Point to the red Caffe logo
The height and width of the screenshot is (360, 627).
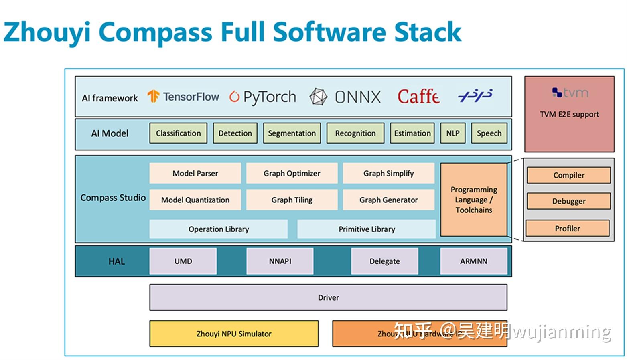(418, 97)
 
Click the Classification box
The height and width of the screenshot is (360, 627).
(178, 133)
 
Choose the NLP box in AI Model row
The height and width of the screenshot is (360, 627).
(452, 133)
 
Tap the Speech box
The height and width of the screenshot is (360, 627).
(489, 133)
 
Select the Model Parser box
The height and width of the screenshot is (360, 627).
(195, 173)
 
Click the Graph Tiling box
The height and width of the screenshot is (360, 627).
(292, 200)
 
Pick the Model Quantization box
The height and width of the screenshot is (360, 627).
(195, 200)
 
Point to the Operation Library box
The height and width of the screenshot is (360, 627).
(218, 229)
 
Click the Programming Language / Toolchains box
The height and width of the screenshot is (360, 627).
(473, 199)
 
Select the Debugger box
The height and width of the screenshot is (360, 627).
(568, 201)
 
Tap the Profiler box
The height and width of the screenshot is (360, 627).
(567, 228)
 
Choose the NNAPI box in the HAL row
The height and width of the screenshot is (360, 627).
(280, 261)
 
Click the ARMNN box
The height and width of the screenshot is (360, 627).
(473, 261)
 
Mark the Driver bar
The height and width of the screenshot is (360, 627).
(328, 297)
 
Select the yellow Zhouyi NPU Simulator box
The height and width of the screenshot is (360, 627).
(234, 334)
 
